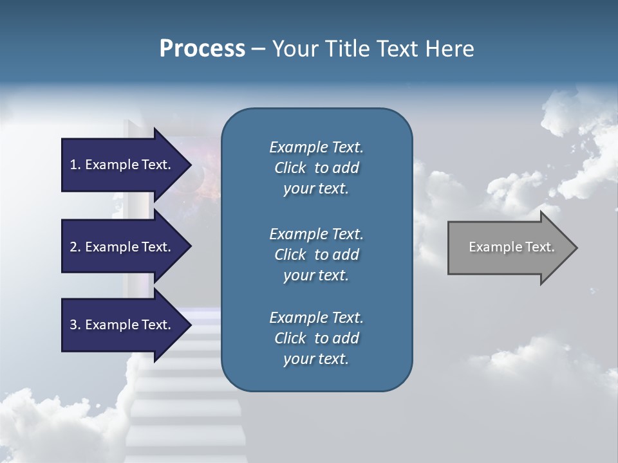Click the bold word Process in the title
(202, 49)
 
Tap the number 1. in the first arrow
(75, 165)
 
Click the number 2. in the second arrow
(75, 247)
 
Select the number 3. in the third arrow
(75, 325)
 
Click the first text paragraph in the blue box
(316, 168)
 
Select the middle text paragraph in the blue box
(316, 255)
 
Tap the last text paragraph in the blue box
(316, 338)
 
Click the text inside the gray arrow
(511, 247)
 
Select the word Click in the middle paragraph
(290, 255)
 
